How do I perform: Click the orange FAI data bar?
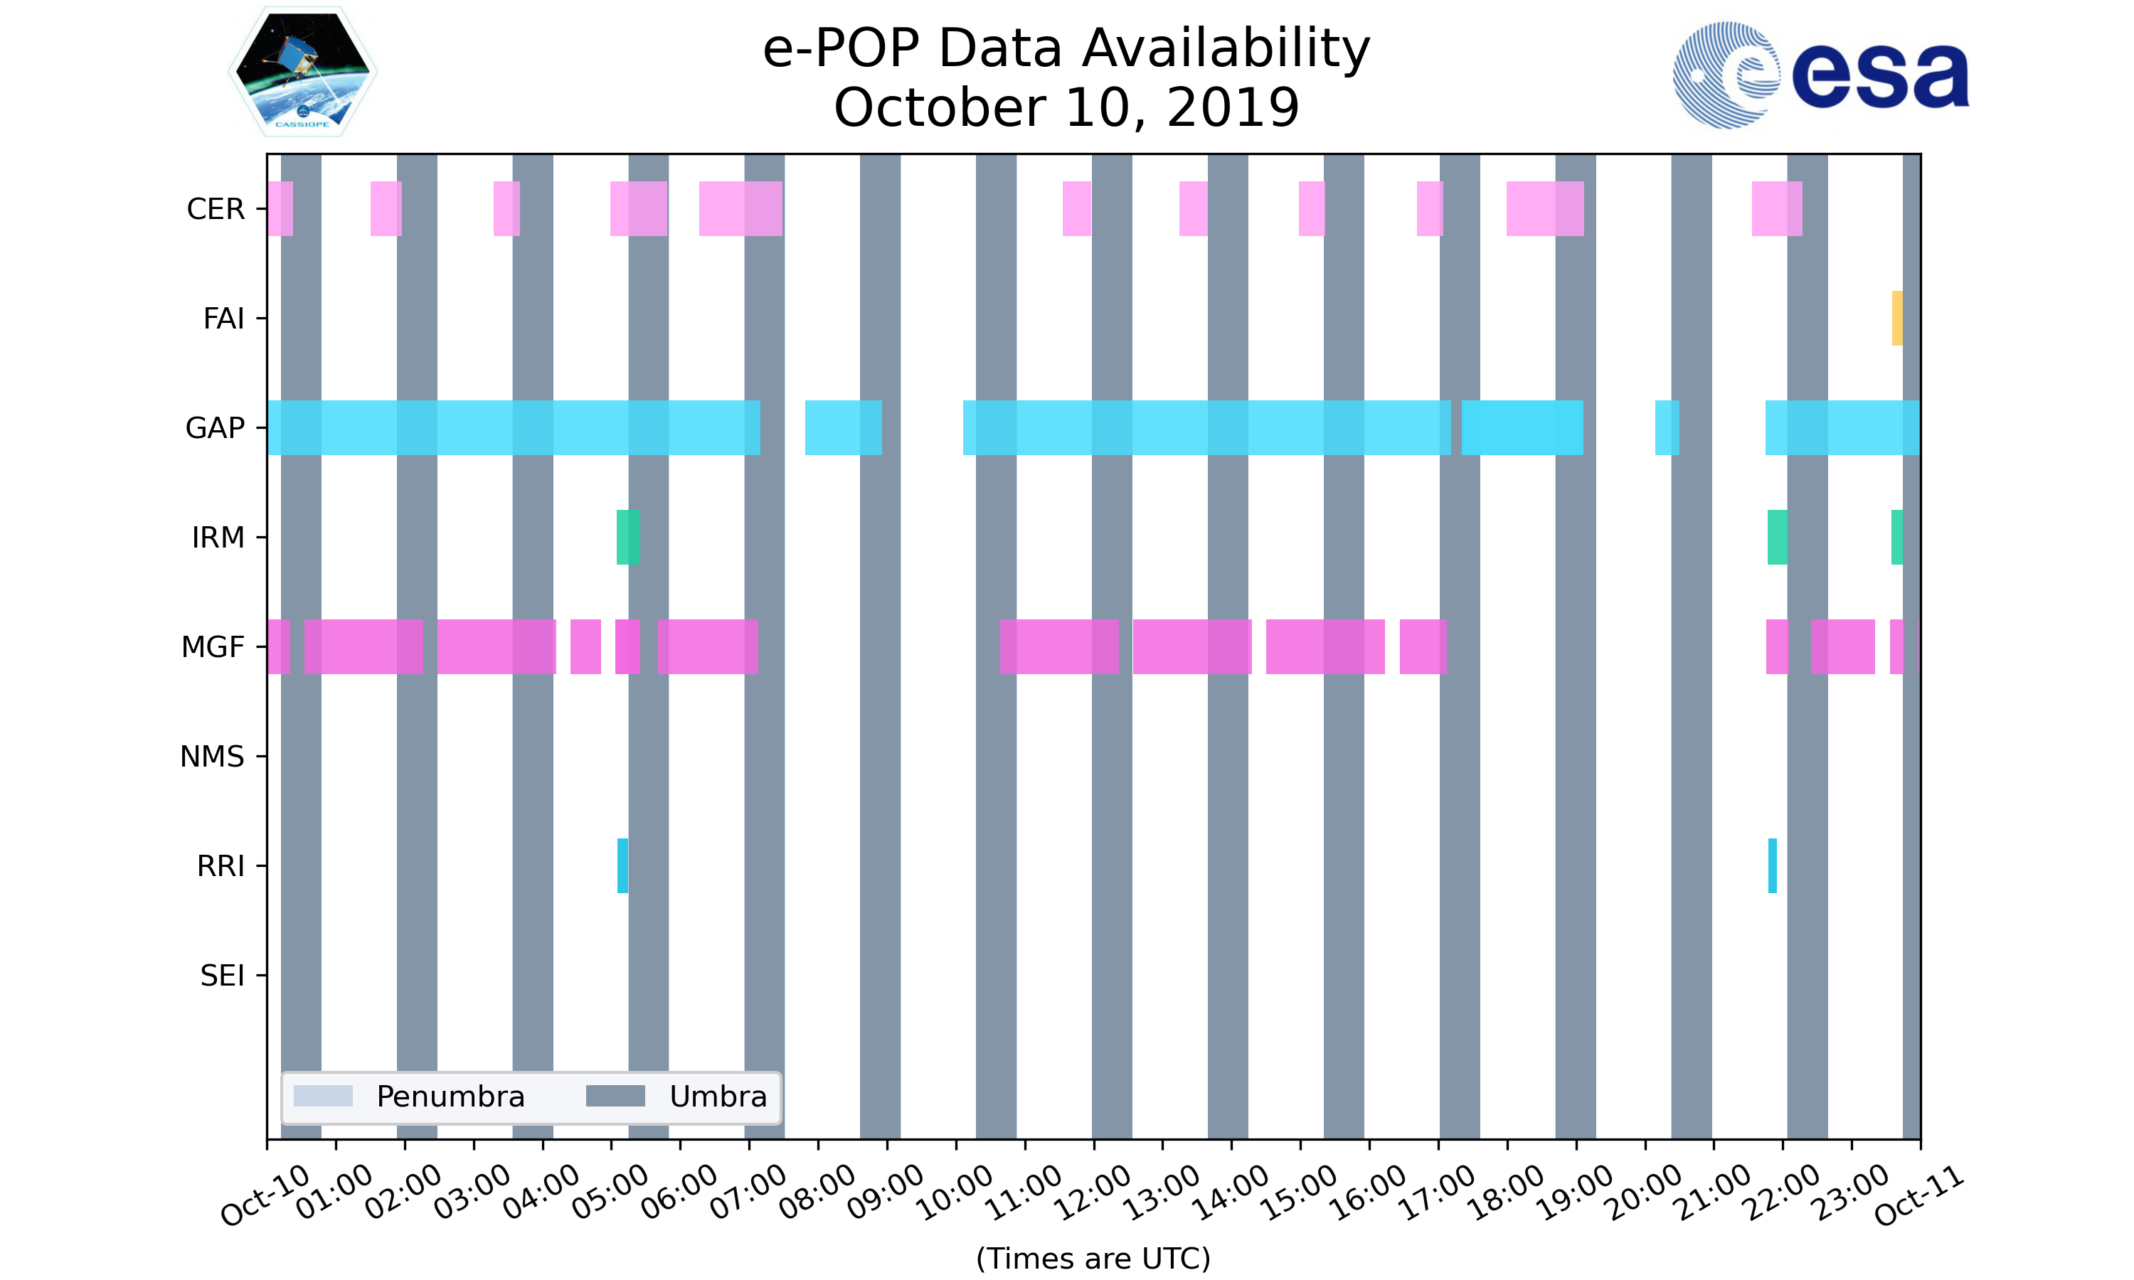pyautogui.click(x=1897, y=319)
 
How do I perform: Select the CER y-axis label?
pyautogui.click(x=216, y=209)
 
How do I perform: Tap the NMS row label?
pyautogui.click(x=212, y=757)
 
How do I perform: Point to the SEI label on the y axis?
pyautogui.click(x=223, y=976)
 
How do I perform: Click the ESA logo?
pyautogui.click(x=1821, y=75)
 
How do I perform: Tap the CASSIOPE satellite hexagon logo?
pyautogui.click(x=303, y=72)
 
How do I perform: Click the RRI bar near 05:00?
pyautogui.click(x=623, y=865)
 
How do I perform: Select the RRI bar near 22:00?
pyautogui.click(x=1773, y=865)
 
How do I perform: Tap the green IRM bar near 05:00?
pyautogui.click(x=628, y=538)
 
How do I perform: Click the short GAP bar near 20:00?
pyautogui.click(x=1667, y=428)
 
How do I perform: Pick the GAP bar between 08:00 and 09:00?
pyautogui.click(x=844, y=428)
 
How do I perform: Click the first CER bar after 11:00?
pyautogui.click(x=1076, y=209)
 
